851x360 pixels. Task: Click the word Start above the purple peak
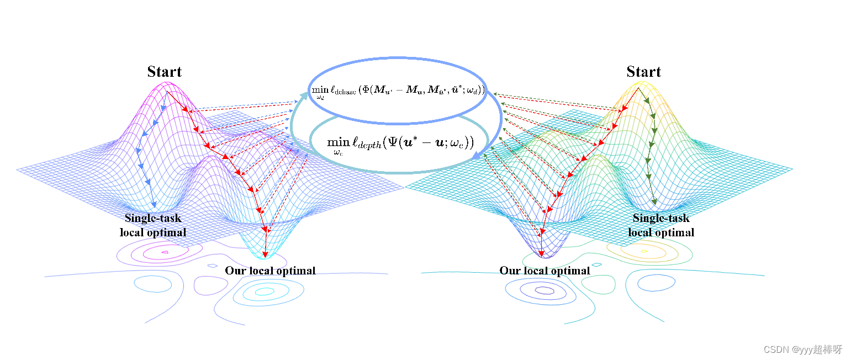[x=164, y=72]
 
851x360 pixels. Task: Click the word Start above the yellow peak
[x=643, y=72]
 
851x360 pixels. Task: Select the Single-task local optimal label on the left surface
[x=153, y=225]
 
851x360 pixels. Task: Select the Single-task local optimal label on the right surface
[x=661, y=225]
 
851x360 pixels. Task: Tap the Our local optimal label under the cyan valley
[x=270, y=271]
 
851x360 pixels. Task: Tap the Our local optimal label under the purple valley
[x=545, y=271]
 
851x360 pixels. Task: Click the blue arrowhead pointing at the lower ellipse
[x=475, y=158]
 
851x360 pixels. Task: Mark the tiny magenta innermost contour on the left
[x=165, y=252]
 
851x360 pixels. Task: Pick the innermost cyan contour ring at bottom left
[x=265, y=291]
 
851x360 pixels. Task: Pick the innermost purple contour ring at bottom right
[x=544, y=289]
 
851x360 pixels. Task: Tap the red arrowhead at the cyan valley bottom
[x=265, y=254]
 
